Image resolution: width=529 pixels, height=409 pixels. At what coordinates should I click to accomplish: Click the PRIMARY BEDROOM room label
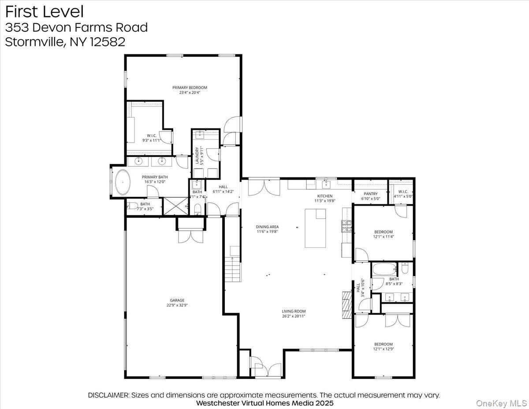(x=190, y=87)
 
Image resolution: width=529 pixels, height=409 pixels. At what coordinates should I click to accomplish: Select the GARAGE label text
(x=178, y=300)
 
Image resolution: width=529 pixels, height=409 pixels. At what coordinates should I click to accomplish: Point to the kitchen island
(x=315, y=229)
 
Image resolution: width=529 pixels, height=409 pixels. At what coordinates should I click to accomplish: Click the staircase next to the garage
(x=232, y=270)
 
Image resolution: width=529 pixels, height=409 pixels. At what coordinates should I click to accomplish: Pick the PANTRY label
(x=371, y=194)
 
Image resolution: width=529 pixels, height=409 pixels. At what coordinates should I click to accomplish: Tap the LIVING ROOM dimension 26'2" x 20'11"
(x=294, y=316)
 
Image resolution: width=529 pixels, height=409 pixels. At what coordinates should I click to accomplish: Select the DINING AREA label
(x=267, y=227)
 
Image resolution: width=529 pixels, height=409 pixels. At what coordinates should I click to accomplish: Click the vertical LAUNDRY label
(x=197, y=155)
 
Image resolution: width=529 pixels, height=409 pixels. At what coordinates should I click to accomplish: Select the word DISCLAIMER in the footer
(x=108, y=395)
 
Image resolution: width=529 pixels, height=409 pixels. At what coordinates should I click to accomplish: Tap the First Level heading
(x=44, y=11)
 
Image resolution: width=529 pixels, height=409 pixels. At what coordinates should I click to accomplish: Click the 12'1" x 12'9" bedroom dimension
(x=383, y=349)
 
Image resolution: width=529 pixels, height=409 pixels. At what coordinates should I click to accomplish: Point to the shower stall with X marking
(x=175, y=206)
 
